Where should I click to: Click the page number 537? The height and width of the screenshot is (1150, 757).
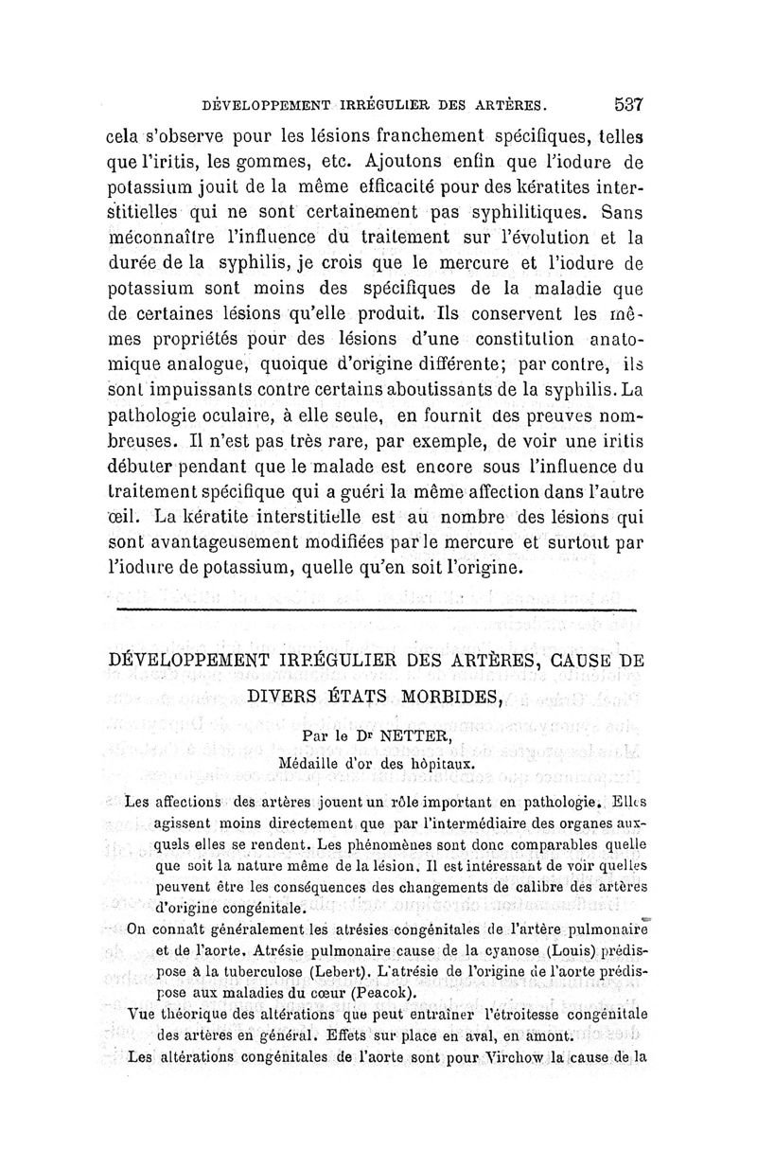coord(628,104)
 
